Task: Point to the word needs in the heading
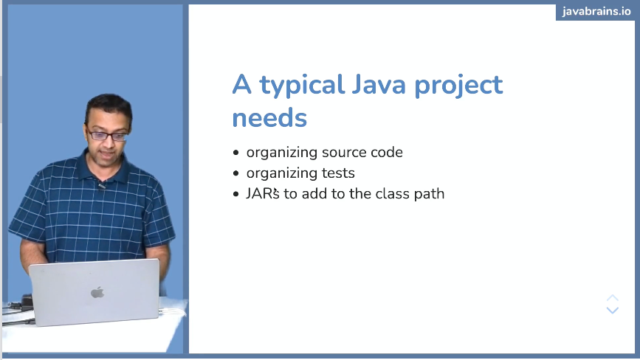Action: (x=269, y=118)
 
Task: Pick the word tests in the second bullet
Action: (x=338, y=173)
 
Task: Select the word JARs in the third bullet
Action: (x=262, y=194)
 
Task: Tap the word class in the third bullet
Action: (x=390, y=194)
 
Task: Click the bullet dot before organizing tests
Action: (x=236, y=174)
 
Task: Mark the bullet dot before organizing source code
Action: (x=236, y=153)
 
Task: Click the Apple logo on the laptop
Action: (x=97, y=292)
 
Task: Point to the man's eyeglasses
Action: (x=107, y=135)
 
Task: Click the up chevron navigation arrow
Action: (x=612, y=298)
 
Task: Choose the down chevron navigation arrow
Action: (x=612, y=311)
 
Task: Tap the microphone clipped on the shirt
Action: (x=102, y=186)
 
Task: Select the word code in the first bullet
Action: (x=388, y=153)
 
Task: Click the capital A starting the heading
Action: (x=242, y=85)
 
